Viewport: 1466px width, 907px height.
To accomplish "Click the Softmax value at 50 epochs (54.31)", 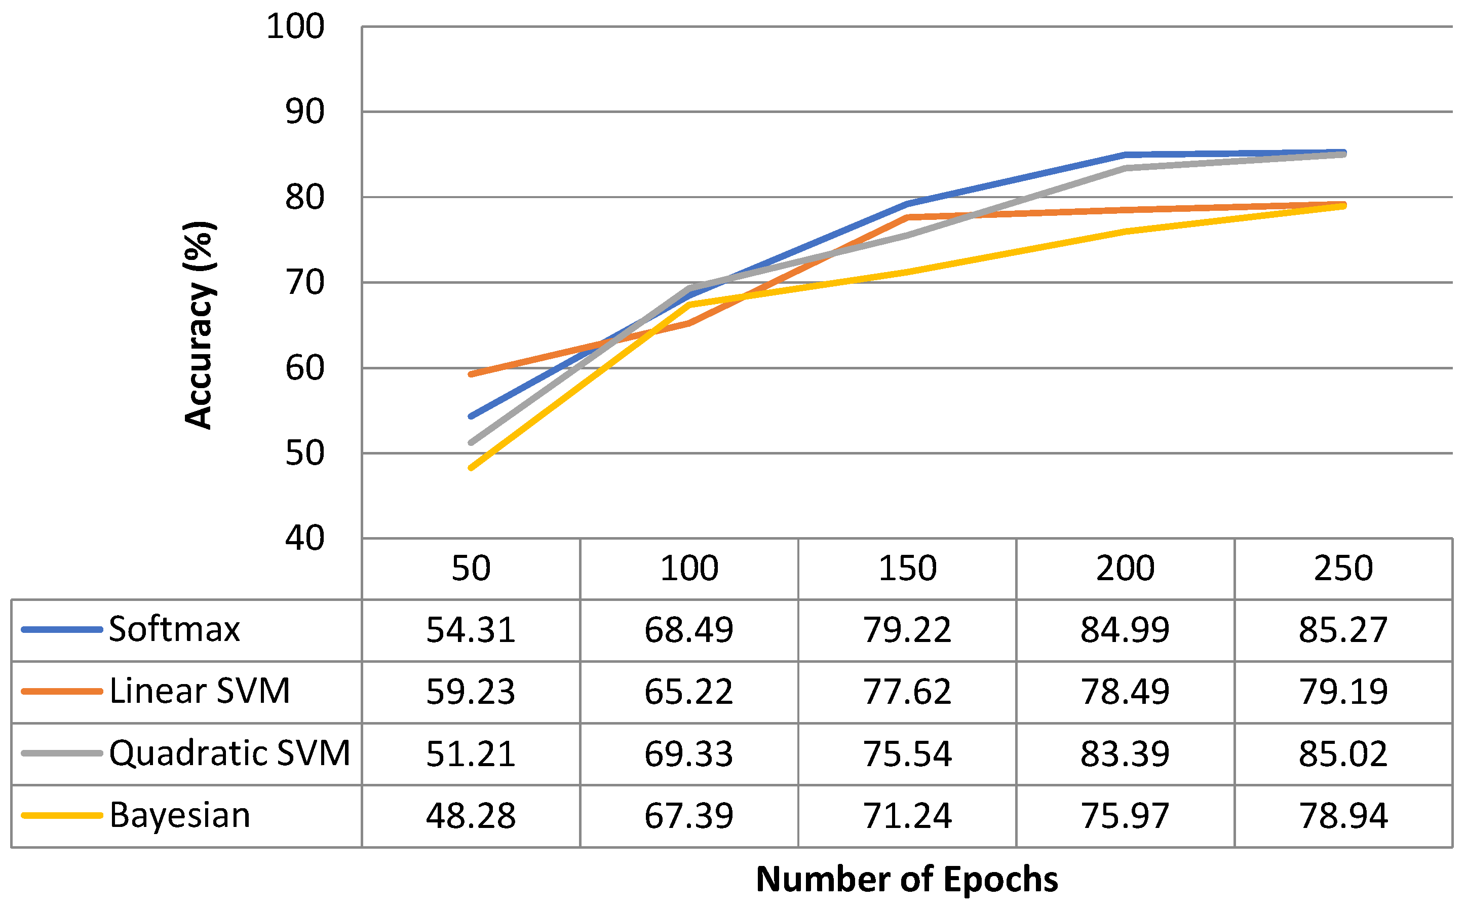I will tap(471, 630).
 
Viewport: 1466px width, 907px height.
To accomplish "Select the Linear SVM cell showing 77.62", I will tap(907, 692).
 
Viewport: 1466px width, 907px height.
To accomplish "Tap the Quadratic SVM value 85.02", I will tap(1343, 753).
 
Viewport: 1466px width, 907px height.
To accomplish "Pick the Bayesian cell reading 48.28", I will tap(471, 816).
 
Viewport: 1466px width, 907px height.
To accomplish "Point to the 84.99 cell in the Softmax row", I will tap(1125, 630).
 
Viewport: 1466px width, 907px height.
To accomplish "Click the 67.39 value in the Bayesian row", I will tap(688, 816).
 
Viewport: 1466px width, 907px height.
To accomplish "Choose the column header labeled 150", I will tap(907, 568).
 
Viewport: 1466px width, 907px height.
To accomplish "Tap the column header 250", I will tap(1343, 568).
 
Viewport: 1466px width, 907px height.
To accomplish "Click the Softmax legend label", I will tap(174, 629).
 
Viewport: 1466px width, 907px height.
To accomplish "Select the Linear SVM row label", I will tap(200, 691).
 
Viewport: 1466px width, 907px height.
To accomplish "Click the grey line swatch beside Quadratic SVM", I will tap(62, 753).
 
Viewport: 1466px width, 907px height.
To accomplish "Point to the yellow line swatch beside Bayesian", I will tap(62, 816).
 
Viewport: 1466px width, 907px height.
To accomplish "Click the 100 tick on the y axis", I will tap(295, 27).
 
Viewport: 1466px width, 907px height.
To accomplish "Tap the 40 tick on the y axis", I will tap(304, 538).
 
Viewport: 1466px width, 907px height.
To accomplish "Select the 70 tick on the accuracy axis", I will tap(304, 283).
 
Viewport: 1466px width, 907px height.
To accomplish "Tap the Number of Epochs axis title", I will tap(907, 880).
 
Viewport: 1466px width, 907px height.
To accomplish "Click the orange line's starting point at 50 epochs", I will tap(471, 374).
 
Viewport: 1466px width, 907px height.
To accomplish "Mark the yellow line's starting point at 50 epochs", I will tap(471, 467).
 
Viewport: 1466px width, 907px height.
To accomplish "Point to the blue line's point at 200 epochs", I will tap(1125, 155).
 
